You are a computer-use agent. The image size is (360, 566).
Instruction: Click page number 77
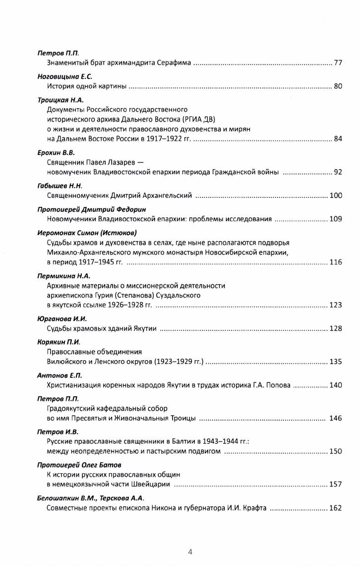(x=338, y=63)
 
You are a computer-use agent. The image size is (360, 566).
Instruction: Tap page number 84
(x=338, y=139)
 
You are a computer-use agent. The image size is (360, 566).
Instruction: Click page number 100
(x=336, y=196)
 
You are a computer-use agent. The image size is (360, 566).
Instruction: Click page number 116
(x=336, y=262)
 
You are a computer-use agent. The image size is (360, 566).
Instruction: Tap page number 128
(x=336, y=329)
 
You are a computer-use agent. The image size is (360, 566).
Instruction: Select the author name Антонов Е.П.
(x=56, y=375)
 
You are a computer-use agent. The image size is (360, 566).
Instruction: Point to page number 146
(x=336, y=419)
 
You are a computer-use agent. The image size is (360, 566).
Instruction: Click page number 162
(x=336, y=508)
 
